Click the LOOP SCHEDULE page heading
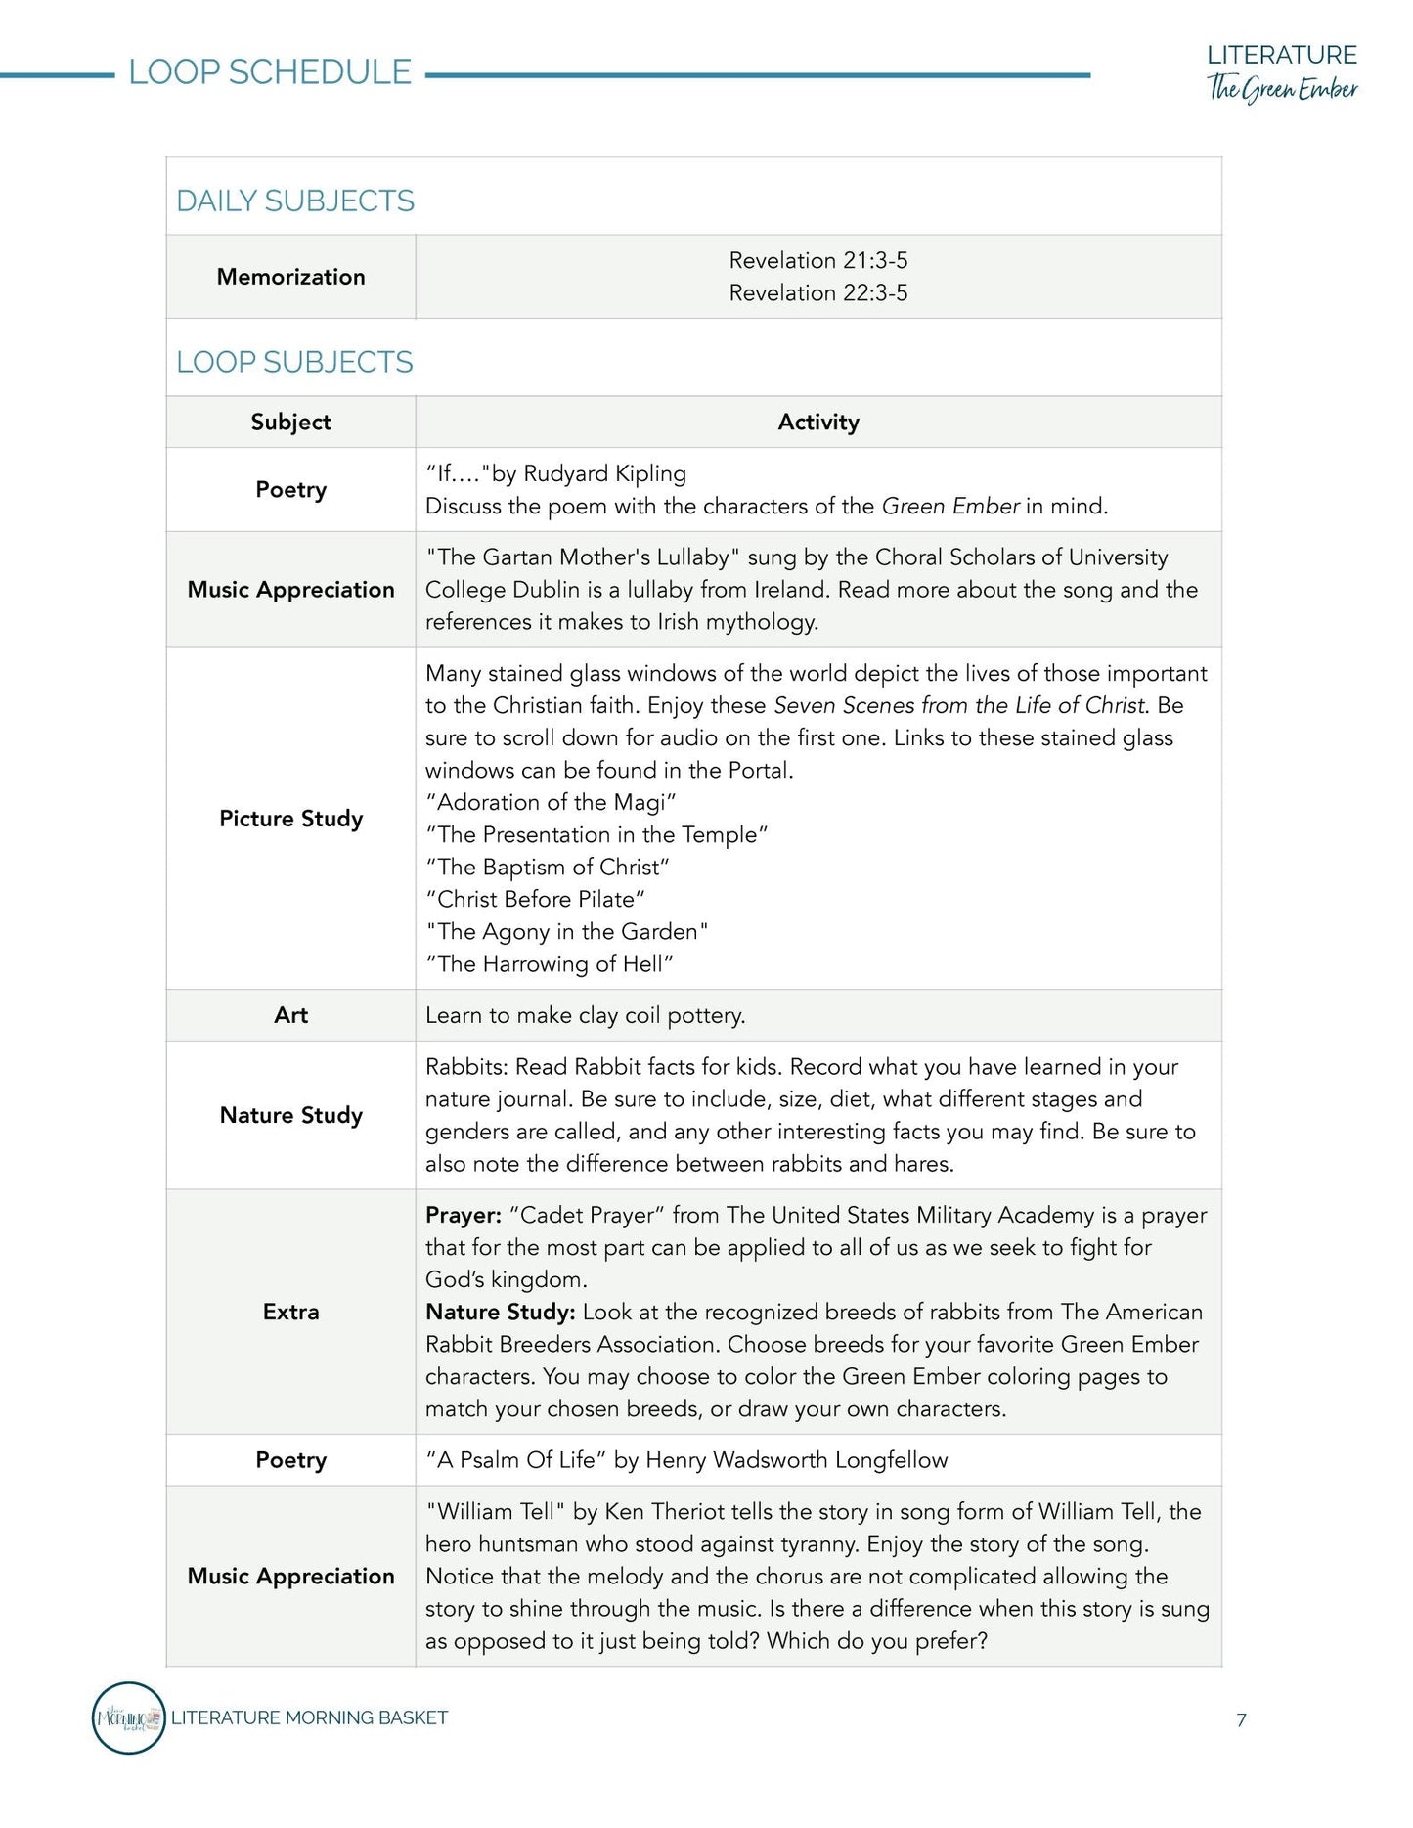tap(270, 72)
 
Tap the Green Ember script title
tap(1282, 88)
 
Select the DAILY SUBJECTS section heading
tap(295, 201)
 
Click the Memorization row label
tap(290, 277)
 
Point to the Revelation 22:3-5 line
tap(817, 292)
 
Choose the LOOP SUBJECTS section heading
tap(294, 362)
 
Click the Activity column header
tap(817, 422)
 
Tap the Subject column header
tap(290, 422)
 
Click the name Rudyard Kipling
tap(604, 473)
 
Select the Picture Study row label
tap(290, 819)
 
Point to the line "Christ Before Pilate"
tap(535, 899)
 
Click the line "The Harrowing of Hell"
tap(550, 963)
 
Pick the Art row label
tap(290, 1015)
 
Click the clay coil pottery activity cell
tap(585, 1015)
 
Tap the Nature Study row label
tap(290, 1115)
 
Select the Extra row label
tap(290, 1312)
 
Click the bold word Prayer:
tap(464, 1215)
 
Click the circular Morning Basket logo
tap(128, 1717)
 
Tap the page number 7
tap(1241, 1719)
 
